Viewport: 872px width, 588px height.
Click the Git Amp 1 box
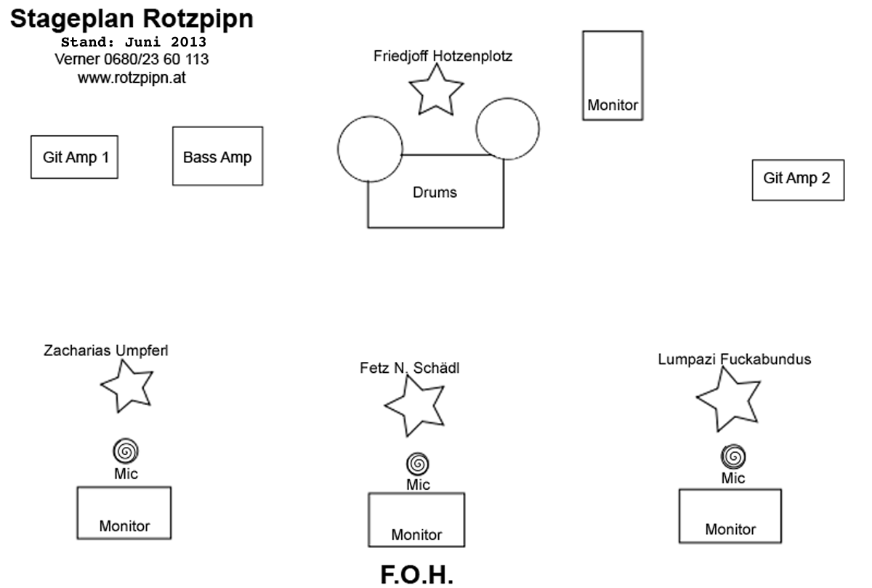click(74, 157)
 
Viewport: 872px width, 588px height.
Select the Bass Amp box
click(217, 156)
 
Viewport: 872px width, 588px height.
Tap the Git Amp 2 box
click(798, 180)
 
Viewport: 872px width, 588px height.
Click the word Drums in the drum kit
click(435, 193)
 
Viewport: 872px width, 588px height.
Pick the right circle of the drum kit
click(507, 129)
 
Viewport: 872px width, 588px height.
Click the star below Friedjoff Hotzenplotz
click(436, 89)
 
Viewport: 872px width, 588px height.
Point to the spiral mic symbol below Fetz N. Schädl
click(418, 462)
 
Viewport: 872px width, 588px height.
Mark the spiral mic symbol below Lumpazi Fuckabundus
click(733, 456)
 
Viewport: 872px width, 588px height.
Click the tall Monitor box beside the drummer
click(613, 75)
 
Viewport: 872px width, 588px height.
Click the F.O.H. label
click(416, 573)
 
